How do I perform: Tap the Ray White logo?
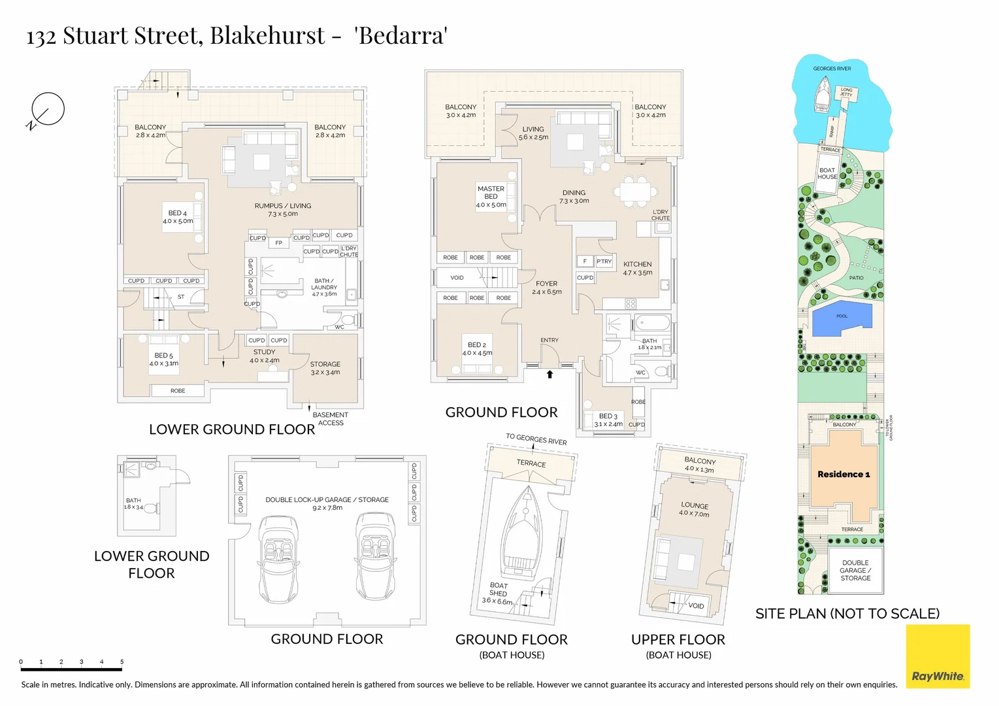[x=938, y=656]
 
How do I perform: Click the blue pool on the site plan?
[x=842, y=318]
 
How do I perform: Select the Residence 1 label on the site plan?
[x=843, y=474]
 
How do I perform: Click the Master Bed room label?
[x=491, y=196]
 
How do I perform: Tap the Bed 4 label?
[x=178, y=217]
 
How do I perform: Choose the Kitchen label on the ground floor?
[x=638, y=268]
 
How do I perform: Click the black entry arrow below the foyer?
[x=549, y=375]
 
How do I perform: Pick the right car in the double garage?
[x=376, y=556]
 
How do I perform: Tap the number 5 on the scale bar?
[x=122, y=662]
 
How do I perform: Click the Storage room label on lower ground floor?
[x=325, y=368]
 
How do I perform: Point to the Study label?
[x=265, y=356]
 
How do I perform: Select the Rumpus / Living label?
[x=283, y=209]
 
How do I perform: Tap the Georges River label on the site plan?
[x=832, y=69]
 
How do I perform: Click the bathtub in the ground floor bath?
[x=653, y=323]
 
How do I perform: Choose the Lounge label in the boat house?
[x=694, y=509]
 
